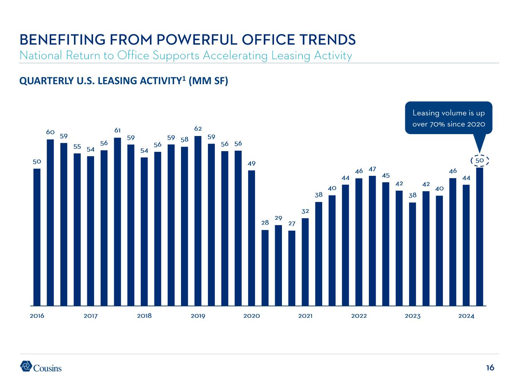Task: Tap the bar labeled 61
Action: click(x=117, y=221)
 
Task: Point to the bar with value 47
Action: click(x=372, y=240)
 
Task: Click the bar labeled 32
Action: click(x=305, y=261)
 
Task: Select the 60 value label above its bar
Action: click(x=50, y=132)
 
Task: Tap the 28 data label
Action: click(x=265, y=223)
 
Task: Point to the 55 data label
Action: click(x=77, y=146)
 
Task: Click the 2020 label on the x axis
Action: click(x=251, y=316)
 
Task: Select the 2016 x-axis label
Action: click(x=37, y=316)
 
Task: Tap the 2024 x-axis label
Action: click(x=466, y=316)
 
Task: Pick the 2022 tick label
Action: click(x=359, y=316)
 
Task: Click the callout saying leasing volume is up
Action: click(x=448, y=118)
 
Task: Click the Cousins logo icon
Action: click(x=26, y=366)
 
